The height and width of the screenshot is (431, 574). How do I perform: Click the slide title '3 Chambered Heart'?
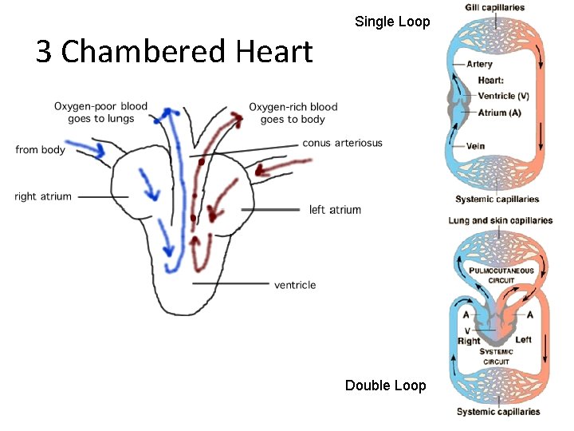click(x=174, y=52)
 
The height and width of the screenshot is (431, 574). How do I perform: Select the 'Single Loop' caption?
click(x=391, y=22)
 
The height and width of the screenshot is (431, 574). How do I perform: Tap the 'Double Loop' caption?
click(x=385, y=386)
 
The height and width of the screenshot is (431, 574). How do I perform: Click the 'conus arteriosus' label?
click(x=342, y=144)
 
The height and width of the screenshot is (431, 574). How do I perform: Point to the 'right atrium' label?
click(x=43, y=196)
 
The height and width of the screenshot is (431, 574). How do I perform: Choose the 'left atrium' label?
click(x=335, y=210)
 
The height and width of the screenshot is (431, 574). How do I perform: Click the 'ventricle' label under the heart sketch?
click(x=295, y=285)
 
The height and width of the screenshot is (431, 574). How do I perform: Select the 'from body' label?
click(x=40, y=150)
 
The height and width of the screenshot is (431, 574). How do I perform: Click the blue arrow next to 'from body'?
click(x=85, y=148)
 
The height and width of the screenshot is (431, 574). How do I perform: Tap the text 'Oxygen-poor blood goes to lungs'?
click(x=100, y=113)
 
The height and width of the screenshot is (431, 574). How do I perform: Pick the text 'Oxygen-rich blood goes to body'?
click(x=293, y=113)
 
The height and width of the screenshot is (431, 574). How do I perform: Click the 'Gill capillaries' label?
click(x=495, y=8)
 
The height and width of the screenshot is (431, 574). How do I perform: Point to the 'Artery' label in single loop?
click(x=480, y=65)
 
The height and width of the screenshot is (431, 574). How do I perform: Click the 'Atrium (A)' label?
click(x=499, y=113)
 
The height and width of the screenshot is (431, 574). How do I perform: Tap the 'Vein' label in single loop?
click(x=476, y=146)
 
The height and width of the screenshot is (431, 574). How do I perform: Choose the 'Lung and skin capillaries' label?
click(x=500, y=221)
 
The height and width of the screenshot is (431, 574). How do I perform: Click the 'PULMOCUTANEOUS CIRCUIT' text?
click(x=501, y=275)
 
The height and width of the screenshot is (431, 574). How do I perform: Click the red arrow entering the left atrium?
click(x=284, y=166)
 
